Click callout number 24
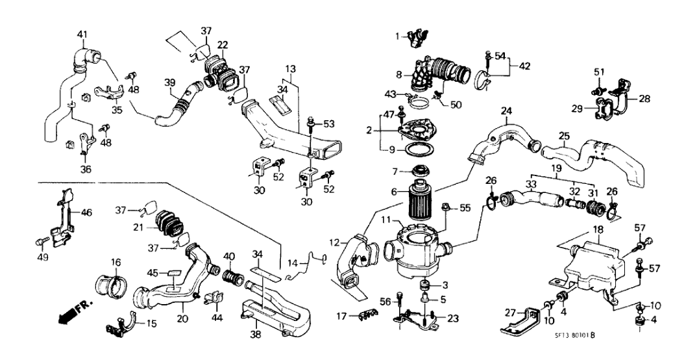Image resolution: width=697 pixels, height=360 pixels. click(x=506, y=110)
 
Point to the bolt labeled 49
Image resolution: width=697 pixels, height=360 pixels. click(x=39, y=242)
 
